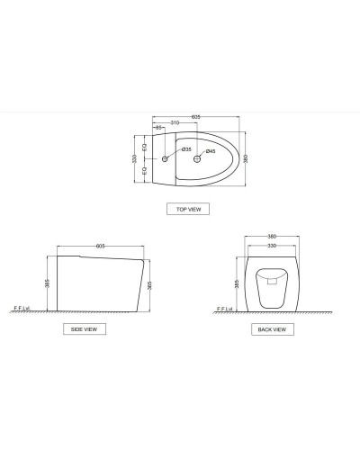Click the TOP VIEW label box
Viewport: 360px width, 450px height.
tap(188, 209)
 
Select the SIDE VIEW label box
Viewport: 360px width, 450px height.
tap(89, 329)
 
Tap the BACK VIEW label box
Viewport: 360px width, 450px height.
tap(272, 329)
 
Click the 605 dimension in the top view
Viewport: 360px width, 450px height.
tap(195, 117)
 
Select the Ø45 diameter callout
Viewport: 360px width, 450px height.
tap(210, 150)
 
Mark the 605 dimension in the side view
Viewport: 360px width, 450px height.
tap(101, 244)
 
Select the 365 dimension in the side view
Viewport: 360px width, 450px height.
tap(149, 283)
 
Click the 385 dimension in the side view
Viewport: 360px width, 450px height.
tap(48, 283)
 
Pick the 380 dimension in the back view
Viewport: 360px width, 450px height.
tap(272, 238)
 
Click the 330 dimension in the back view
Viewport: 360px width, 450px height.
tap(272, 245)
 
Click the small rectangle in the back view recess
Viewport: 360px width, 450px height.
tap(272, 281)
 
